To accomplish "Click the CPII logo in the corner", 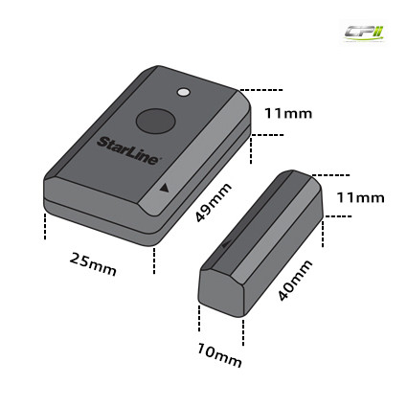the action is click(364, 33).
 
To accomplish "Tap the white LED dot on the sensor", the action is click(183, 92).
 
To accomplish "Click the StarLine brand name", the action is click(127, 150).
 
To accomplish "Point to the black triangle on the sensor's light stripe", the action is click(164, 188).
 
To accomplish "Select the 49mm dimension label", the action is click(213, 203).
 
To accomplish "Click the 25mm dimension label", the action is click(93, 263).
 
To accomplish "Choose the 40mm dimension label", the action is click(294, 281).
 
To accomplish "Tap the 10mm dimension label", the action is click(219, 355).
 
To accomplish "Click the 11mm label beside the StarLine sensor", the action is click(288, 113).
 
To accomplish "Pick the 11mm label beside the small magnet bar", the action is click(360, 198).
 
